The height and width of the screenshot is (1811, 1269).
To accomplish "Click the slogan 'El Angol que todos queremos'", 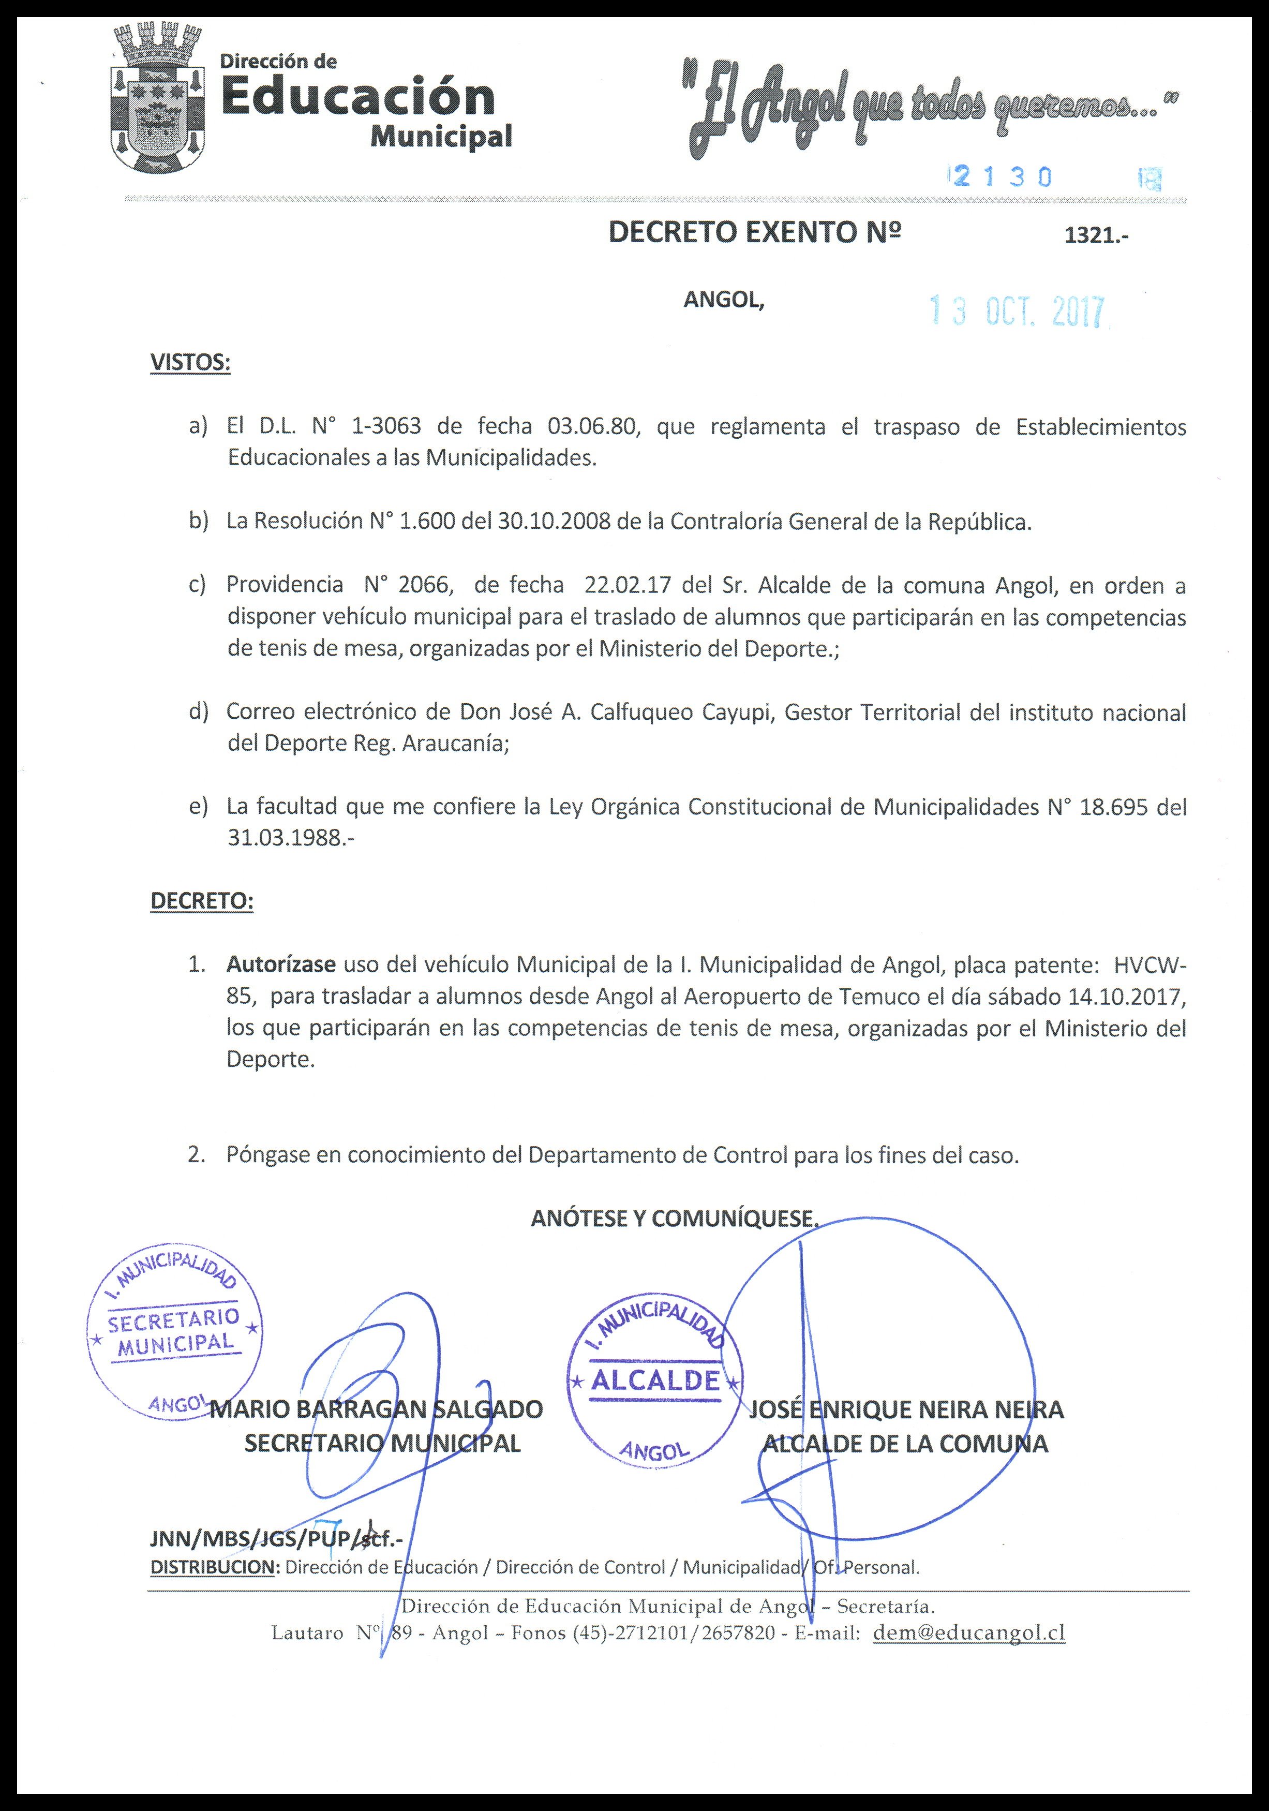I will click(927, 109).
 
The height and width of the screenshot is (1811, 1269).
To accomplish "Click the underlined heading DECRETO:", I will click(202, 901).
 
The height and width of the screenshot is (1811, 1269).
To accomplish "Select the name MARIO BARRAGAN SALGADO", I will click(376, 1409).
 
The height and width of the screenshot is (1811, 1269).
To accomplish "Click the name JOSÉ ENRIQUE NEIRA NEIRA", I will click(905, 1409).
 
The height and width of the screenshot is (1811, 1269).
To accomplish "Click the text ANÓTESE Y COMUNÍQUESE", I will click(675, 1219).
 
